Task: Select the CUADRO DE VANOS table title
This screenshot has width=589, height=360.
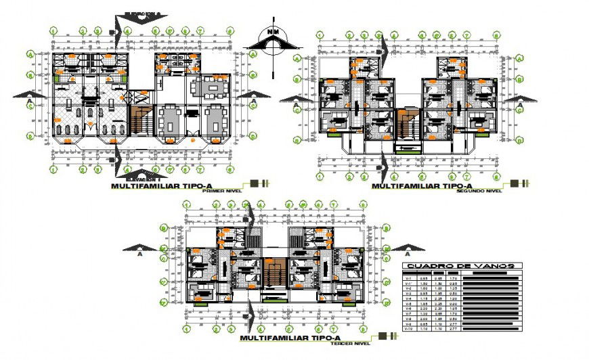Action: pos(461,266)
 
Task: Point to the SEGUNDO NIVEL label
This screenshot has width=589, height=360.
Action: pos(480,192)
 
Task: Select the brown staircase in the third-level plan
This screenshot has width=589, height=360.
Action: pos(274,274)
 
